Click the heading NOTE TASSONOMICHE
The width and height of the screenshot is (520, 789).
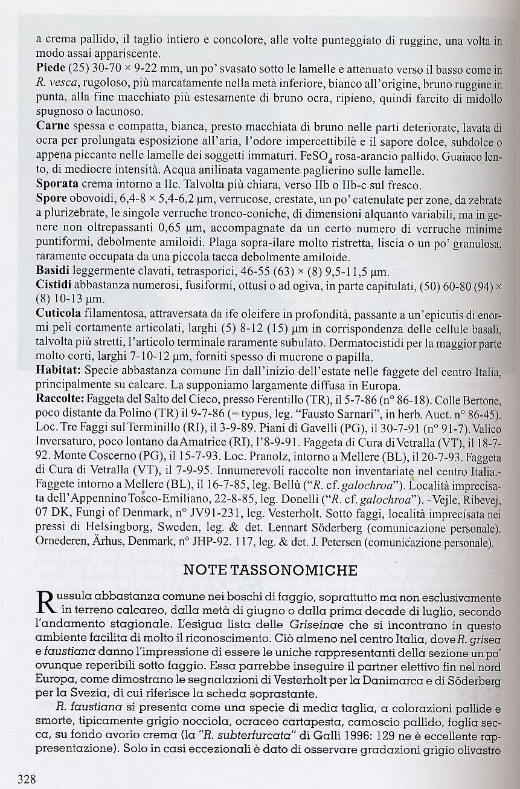click(270, 570)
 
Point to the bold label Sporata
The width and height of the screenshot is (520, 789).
click(57, 184)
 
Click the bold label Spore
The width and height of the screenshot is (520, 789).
click(51, 198)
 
